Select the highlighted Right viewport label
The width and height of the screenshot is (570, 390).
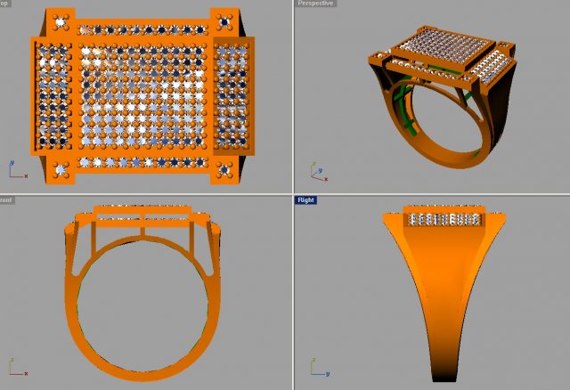point(306,200)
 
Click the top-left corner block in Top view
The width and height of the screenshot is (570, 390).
point(61,20)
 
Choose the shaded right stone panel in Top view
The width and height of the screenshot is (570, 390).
point(233,94)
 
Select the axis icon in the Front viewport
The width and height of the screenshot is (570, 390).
point(15,365)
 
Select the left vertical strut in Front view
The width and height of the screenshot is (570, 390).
point(94,237)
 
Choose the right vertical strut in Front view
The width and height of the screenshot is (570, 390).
point(192,237)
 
